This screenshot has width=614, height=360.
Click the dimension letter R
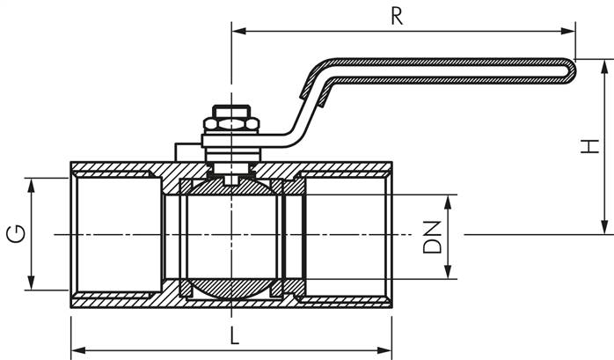click(x=397, y=16)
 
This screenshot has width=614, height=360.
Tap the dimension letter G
click(x=14, y=233)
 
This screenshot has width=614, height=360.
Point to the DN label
click(x=432, y=237)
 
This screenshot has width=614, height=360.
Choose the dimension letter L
click(x=232, y=335)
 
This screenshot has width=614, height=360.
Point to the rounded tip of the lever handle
click(x=571, y=70)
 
